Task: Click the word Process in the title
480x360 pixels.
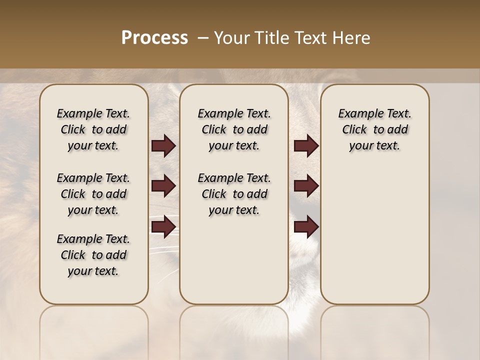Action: (x=154, y=38)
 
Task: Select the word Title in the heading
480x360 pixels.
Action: (x=274, y=38)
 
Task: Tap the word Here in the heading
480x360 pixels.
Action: (x=352, y=38)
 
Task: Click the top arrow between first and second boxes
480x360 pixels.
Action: (x=163, y=146)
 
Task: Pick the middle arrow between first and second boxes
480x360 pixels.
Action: (x=163, y=186)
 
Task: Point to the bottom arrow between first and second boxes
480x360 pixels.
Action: (x=163, y=227)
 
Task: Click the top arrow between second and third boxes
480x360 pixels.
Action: (x=306, y=146)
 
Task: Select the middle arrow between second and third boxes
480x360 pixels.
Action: (x=306, y=186)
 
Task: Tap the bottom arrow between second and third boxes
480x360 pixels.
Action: (x=306, y=227)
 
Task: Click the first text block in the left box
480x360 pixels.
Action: (x=93, y=129)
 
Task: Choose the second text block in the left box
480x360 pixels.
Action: (x=93, y=194)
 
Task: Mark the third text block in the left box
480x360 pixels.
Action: (x=93, y=255)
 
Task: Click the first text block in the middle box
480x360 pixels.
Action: (x=234, y=129)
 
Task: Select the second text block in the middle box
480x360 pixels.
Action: (x=234, y=194)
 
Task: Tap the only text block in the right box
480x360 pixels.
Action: (x=375, y=129)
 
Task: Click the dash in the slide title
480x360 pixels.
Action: (x=203, y=38)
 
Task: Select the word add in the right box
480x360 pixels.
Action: (x=398, y=129)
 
